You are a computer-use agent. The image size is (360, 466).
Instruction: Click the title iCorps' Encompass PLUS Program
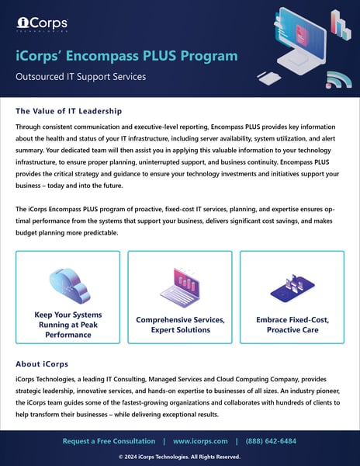tap(127, 56)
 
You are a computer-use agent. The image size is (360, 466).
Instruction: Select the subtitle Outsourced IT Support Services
tap(83, 77)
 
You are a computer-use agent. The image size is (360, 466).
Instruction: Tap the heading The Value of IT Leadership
tap(68, 111)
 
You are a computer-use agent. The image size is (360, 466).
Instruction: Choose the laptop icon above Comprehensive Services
tap(179, 285)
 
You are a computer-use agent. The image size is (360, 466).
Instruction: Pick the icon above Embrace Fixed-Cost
tap(291, 288)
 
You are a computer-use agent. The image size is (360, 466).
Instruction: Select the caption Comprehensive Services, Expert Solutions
tap(179, 325)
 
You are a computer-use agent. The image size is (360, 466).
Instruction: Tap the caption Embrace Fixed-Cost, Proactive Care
tap(291, 325)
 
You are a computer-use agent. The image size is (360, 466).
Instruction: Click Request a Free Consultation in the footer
tap(108, 441)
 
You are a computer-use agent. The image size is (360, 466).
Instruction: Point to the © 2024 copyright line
tap(180, 456)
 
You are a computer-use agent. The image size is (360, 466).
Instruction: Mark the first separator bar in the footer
tap(163, 441)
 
